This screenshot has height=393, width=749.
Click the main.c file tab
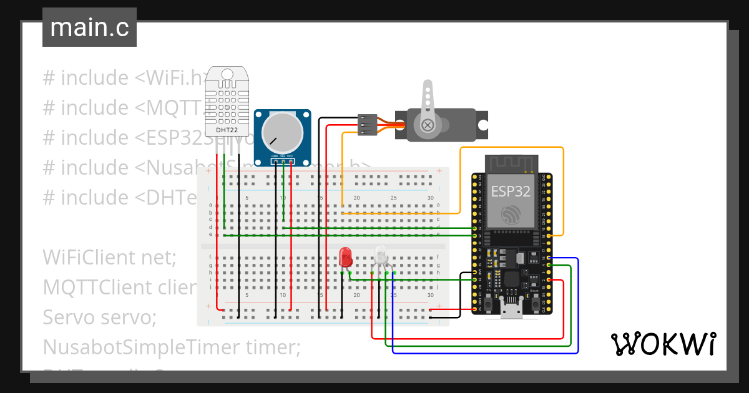[89, 27]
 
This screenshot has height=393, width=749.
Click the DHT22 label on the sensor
[227, 130]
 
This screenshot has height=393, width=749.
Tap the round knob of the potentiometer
[282, 133]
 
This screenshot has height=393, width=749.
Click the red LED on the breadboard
[345, 256]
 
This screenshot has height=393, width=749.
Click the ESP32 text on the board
[511, 191]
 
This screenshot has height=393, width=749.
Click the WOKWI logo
[663, 344]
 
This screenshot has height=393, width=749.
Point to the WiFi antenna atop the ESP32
[512, 163]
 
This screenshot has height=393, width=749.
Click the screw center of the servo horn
[428, 125]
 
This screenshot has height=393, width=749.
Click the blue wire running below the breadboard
[487, 353]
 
